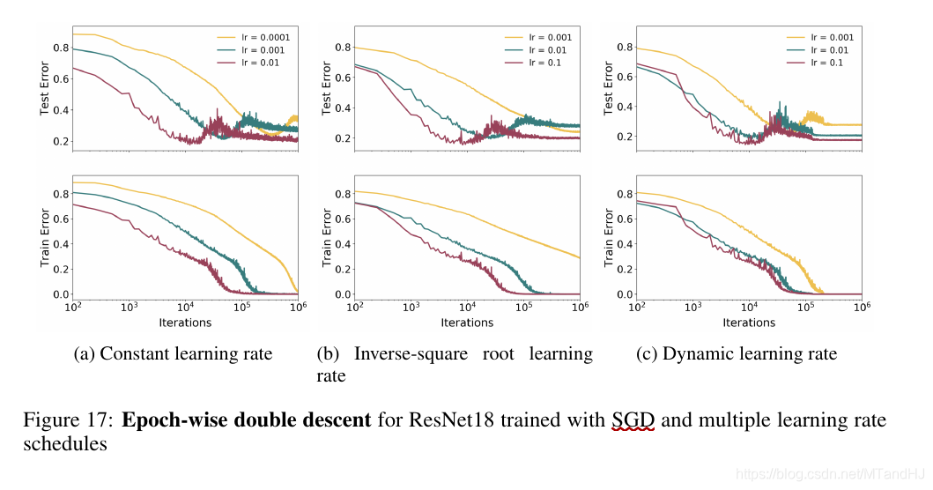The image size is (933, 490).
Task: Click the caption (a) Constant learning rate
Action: click(173, 354)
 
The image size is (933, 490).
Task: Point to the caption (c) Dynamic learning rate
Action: click(737, 354)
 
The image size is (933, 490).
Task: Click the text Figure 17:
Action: click(68, 419)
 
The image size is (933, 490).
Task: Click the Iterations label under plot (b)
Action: click(467, 323)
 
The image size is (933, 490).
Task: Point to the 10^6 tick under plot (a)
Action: click(299, 307)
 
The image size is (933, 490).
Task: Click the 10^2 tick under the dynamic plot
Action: click(636, 307)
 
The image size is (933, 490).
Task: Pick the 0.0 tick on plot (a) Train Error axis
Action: click(60, 294)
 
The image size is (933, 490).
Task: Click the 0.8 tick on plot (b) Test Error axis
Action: click(343, 48)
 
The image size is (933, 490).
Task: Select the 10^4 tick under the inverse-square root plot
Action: click(467, 307)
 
